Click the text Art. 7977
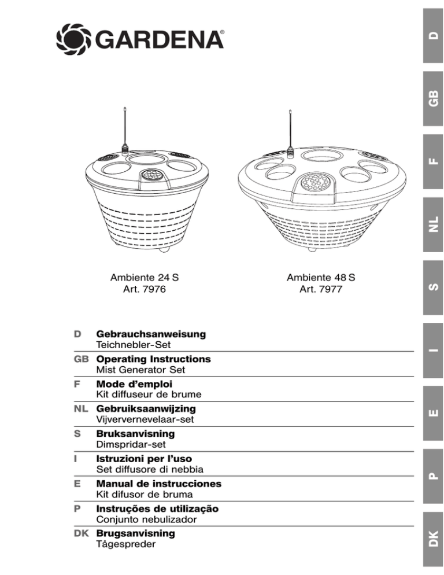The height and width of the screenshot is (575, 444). [x=320, y=287]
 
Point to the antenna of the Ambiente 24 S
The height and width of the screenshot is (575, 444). [x=124, y=127]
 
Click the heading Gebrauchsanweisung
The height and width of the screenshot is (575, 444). [x=151, y=334]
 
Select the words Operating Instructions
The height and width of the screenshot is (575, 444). [x=153, y=359]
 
